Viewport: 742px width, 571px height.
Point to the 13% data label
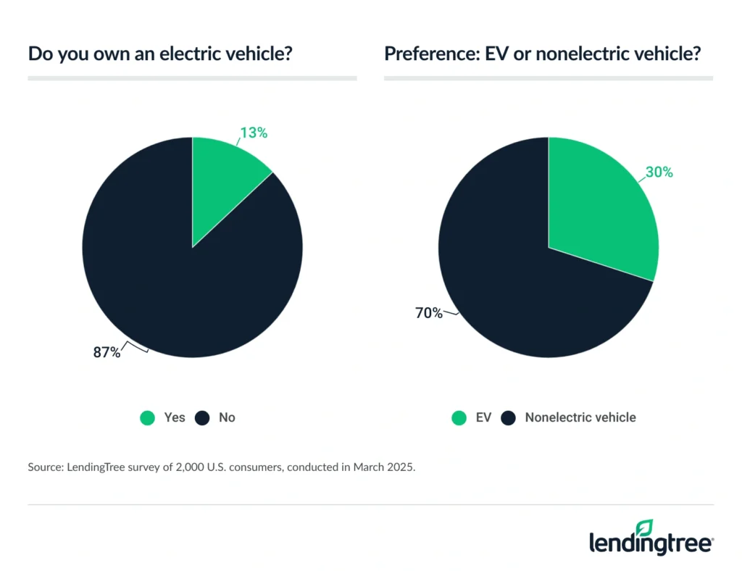point(254,133)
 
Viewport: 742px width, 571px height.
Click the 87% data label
point(107,353)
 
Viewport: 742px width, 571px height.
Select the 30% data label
point(659,172)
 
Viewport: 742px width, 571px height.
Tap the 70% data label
point(428,313)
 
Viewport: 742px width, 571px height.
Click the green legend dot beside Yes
point(148,417)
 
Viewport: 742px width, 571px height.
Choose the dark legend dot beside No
point(203,417)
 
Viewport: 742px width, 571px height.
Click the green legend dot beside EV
point(458,417)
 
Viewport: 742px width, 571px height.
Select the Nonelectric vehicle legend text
point(580,417)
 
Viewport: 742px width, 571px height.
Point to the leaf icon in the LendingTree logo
point(644,528)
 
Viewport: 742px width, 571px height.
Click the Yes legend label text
point(175,417)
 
